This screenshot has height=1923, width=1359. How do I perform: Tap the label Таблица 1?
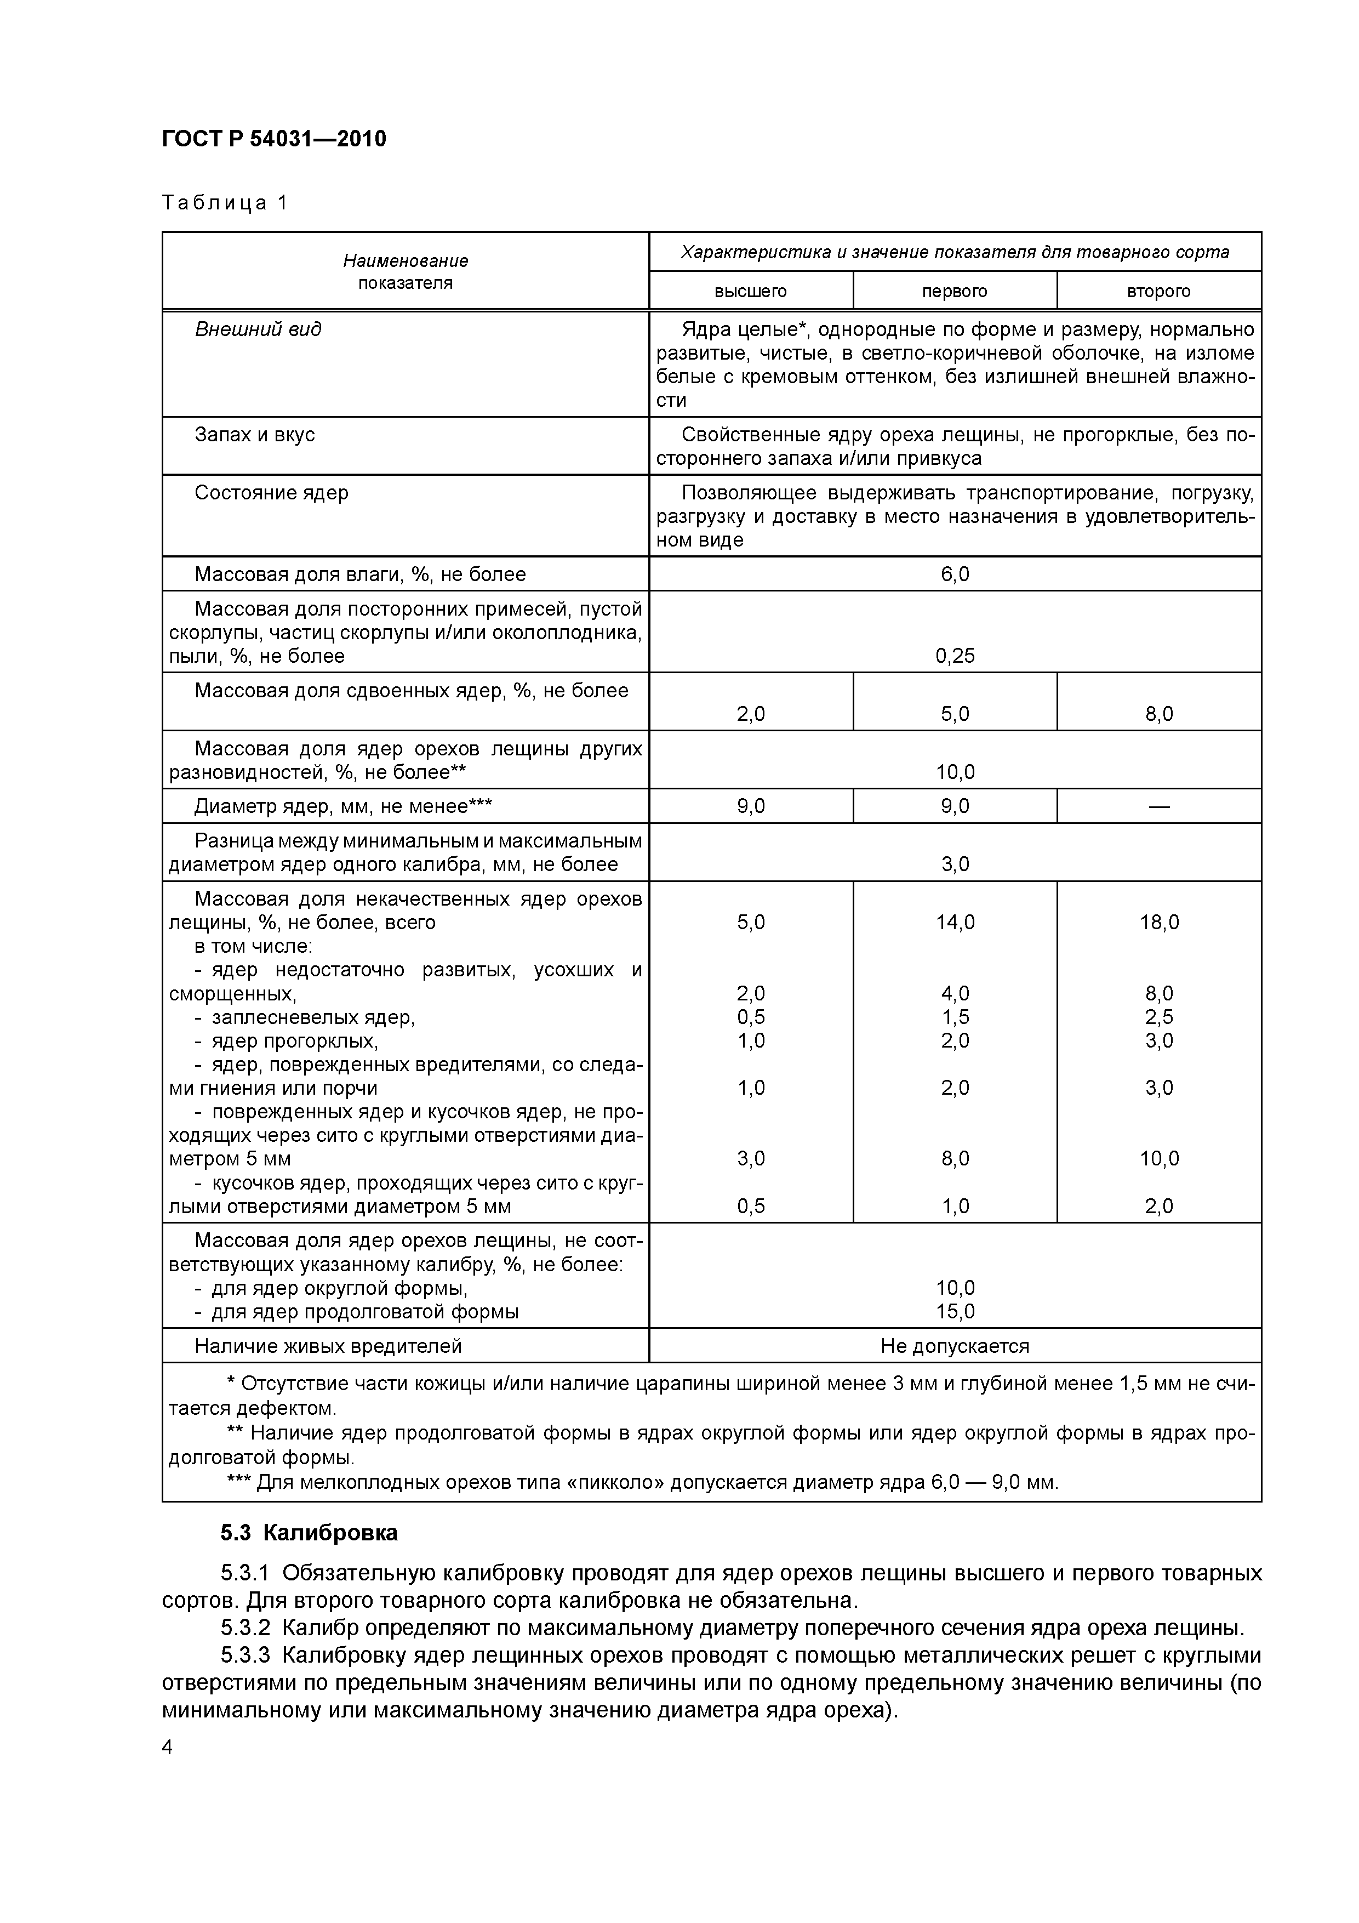(x=225, y=203)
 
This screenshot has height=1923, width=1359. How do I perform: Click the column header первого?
(x=955, y=292)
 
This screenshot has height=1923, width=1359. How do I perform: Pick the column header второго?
(x=1159, y=292)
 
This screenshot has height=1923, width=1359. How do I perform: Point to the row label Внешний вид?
(x=258, y=329)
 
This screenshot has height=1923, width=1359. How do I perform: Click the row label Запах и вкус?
(x=255, y=435)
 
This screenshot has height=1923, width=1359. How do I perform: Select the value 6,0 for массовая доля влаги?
(x=955, y=574)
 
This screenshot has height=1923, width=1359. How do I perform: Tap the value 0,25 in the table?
(x=955, y=656)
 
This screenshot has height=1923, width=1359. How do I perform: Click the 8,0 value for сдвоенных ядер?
(x=1159, y=714)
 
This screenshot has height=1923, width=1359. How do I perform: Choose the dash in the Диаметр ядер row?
(x=1159, y=806)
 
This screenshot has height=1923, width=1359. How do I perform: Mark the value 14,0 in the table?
(x=955, y=922)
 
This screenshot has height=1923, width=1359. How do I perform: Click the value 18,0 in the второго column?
(x=1159, y=922)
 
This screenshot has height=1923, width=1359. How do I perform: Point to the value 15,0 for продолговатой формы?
(x=955, y=1312)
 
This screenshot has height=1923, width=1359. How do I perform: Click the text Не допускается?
(x=955, y=1346)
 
